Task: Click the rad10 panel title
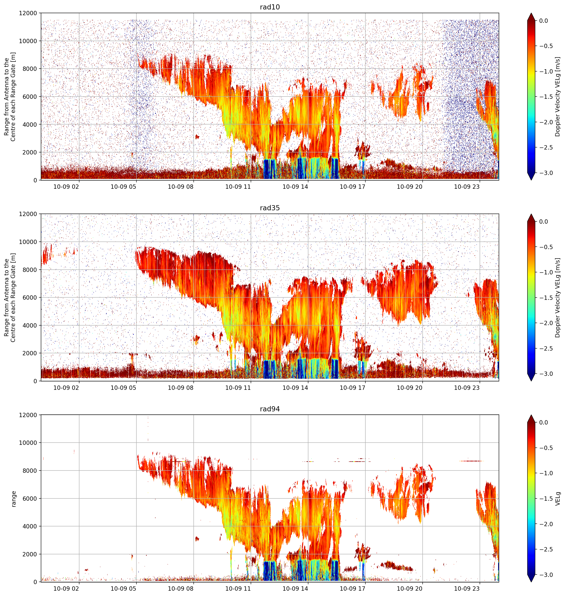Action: [270, 7]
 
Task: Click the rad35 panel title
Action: [270, 208]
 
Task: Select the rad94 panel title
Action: [270, 409]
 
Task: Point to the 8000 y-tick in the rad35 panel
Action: [30, 269]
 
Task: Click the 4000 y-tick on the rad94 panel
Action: [30, 526]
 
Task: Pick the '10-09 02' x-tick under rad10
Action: [66, 187]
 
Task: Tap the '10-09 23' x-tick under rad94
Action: [467, 588]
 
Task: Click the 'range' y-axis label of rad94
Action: [14, 499]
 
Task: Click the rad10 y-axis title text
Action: [10, 97]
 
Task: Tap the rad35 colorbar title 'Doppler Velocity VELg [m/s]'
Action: [557, 298]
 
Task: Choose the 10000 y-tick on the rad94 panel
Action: [28, 443]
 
